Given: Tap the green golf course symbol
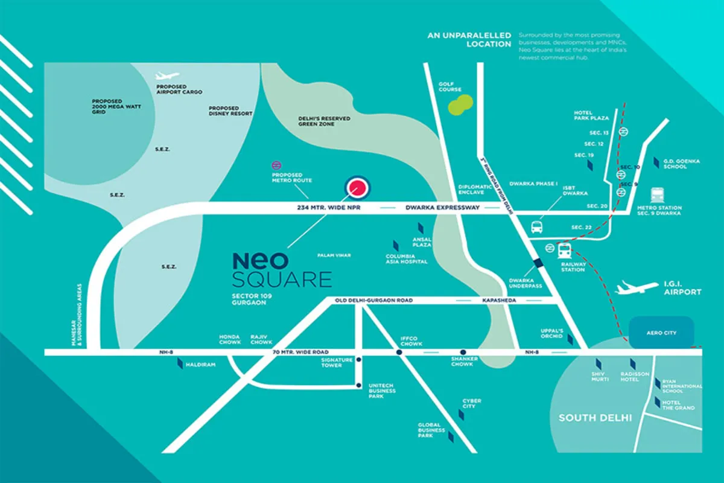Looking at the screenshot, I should point(459,103).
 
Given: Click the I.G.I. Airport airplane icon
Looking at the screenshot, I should point(637,288).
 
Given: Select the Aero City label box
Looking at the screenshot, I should point(661,333).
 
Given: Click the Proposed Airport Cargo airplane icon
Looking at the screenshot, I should point(167,76).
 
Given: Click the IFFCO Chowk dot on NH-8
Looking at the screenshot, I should point(399,352).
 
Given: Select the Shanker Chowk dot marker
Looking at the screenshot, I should point(463,352).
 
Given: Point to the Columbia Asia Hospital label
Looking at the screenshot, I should point(407,259).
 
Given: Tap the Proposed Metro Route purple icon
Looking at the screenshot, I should point(277,165).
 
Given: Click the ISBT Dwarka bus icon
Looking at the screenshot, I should point(536,228).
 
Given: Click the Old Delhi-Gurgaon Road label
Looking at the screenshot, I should point(375,300).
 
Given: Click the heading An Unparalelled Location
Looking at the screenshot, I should point(469,40).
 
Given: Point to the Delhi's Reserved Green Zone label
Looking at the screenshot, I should point(324,121).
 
